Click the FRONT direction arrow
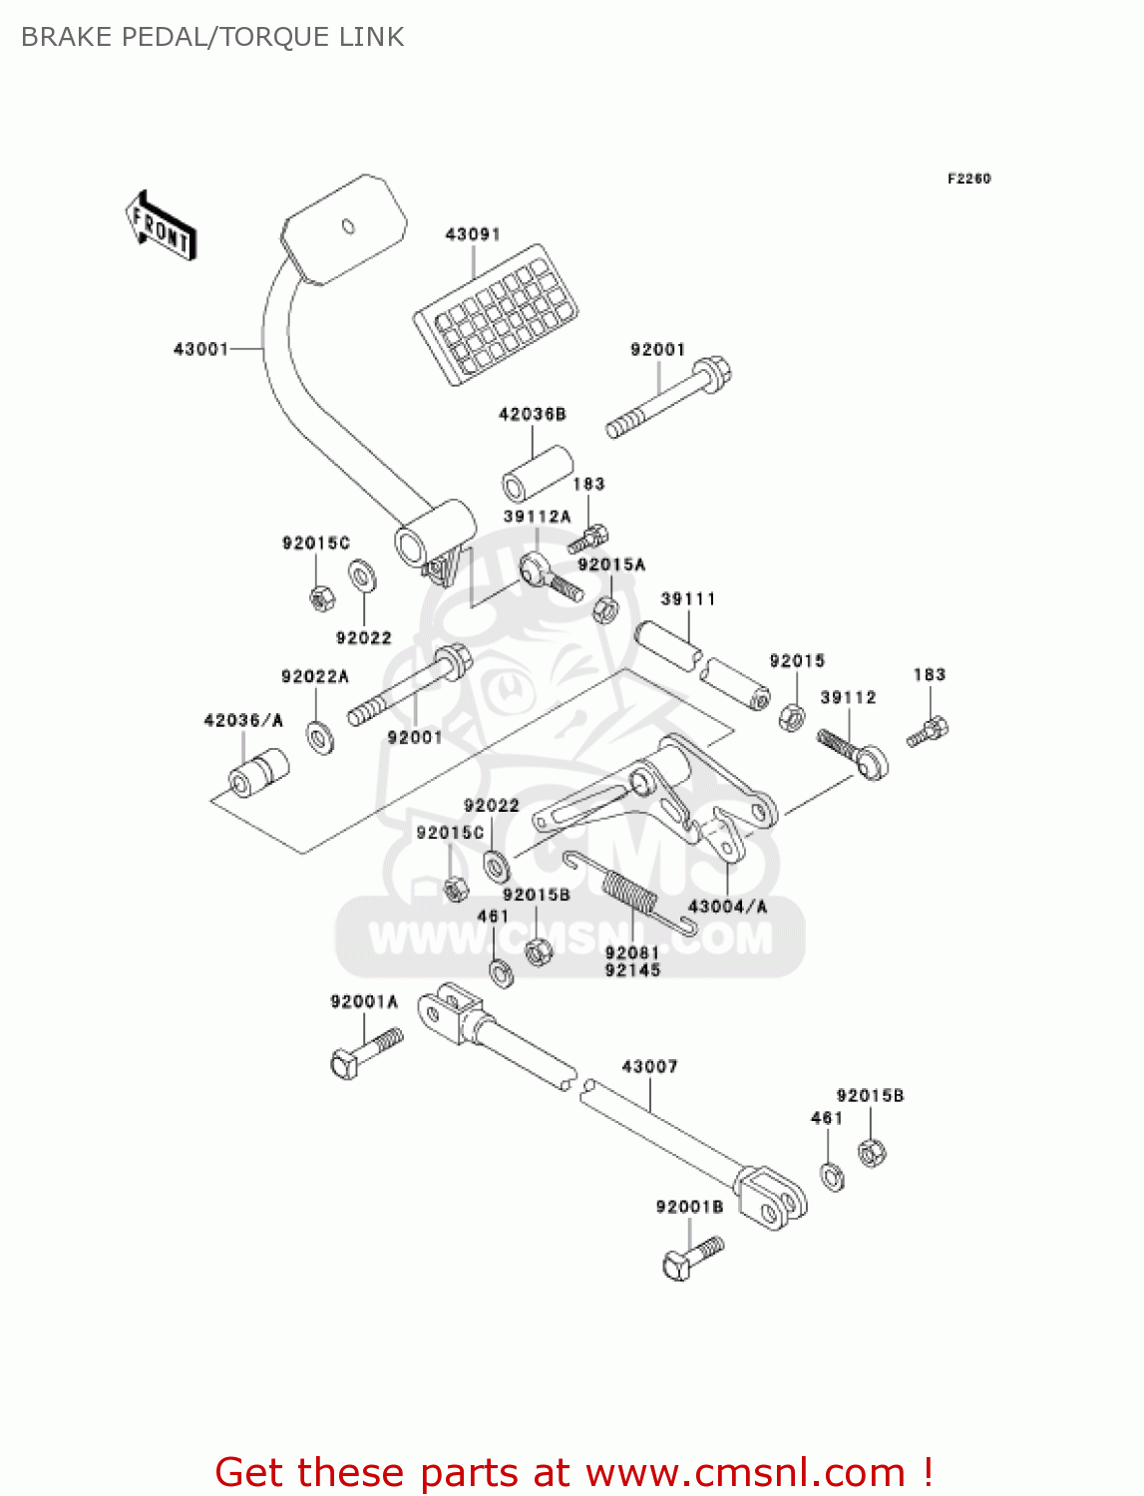pos(160,226)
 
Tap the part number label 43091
pos(472,234)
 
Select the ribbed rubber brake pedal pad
pos(496,312)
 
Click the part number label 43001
pos(200,349)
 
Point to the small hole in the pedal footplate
pos(348,226)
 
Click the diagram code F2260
pos(968,179)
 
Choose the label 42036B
pos(532,414)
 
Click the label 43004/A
pos(727,907)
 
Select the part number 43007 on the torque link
pos(649,1067)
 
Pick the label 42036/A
pos(243,720)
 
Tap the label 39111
pos(688,599)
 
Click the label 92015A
pos(611,564)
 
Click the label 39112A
pos(537,517)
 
